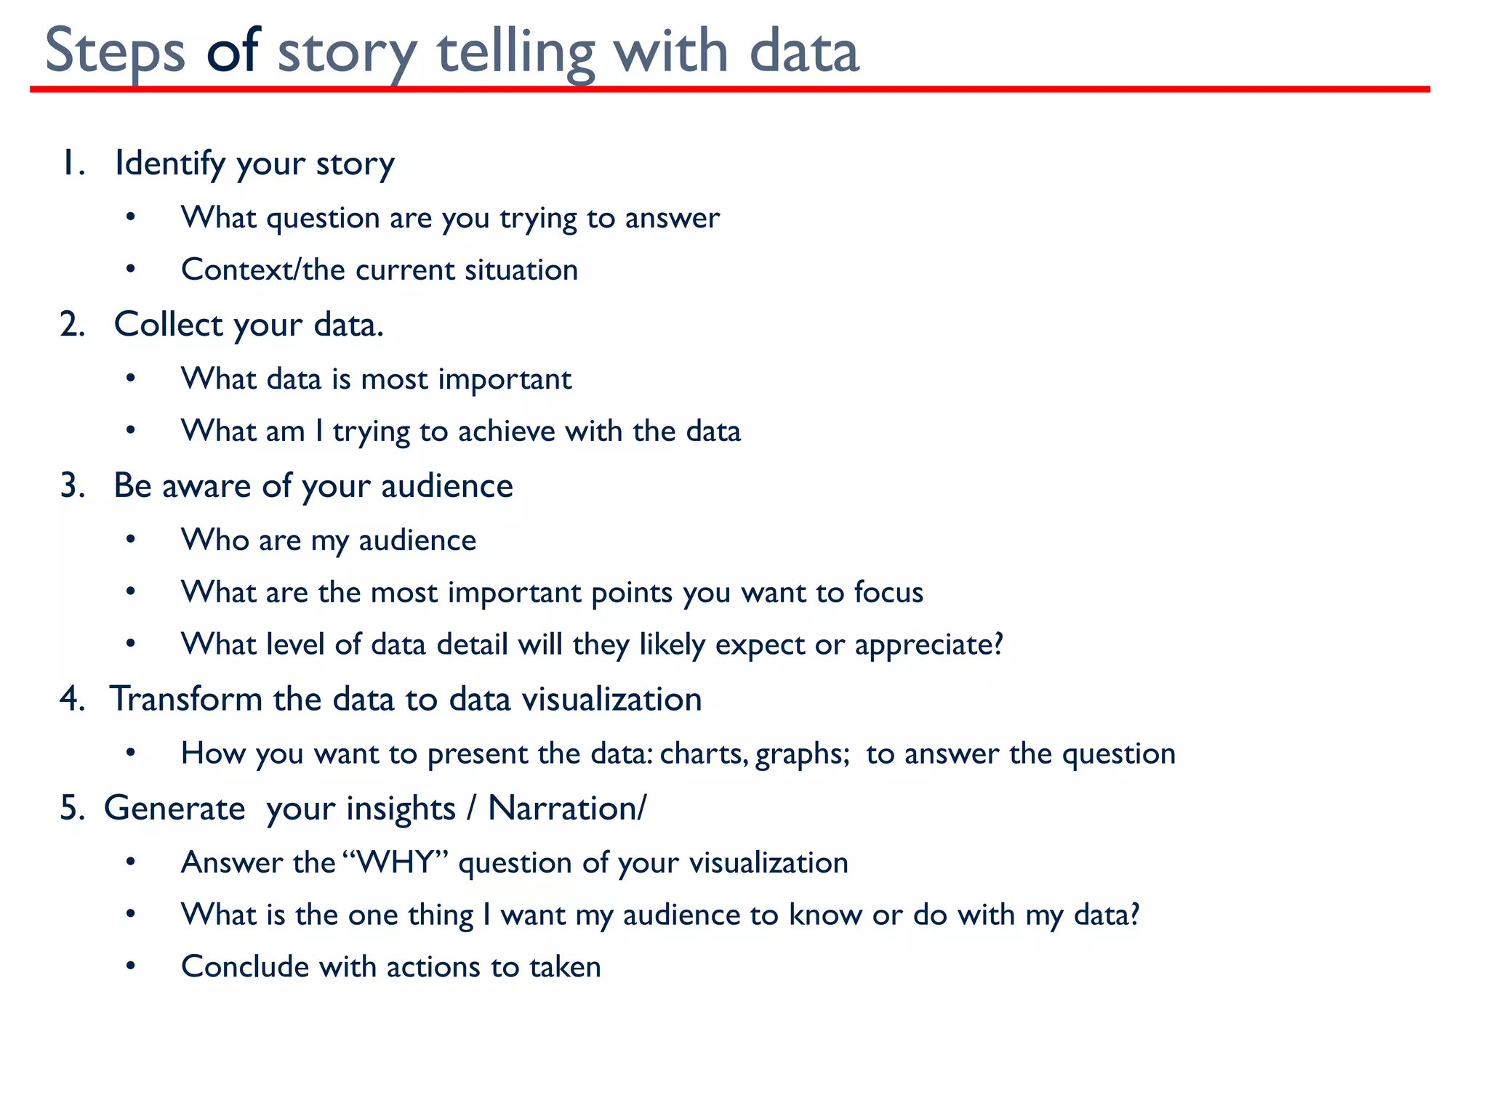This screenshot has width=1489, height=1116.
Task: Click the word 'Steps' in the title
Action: pos(116,52)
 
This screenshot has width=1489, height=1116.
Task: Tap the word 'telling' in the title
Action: pos(516,52)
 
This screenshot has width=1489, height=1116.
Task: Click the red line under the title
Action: pos(727,89)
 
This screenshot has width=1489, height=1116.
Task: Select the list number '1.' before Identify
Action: pos(73,163)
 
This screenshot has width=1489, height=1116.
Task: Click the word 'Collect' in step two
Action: pos(168,324)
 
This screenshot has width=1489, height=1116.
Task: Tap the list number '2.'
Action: pos(73,324)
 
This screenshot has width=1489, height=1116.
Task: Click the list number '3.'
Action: pos(73,485)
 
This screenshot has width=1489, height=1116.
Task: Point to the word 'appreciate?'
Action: pos(929,645)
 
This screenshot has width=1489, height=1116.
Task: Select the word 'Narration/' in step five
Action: pos(566,808)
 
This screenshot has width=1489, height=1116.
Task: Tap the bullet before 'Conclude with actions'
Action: pos(131,967)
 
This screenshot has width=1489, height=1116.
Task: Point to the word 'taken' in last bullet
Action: pos(565,967)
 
